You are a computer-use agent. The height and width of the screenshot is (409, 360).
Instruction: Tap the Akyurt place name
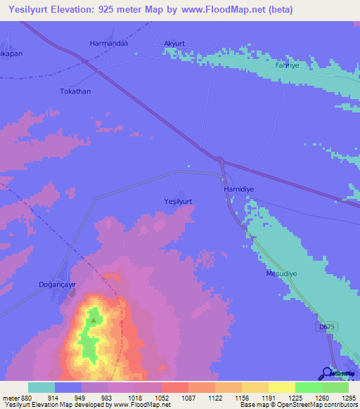pyautogui.click(x=174, y=44)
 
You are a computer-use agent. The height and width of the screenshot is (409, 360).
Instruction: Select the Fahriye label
pyautogui.click(x=288, y=65)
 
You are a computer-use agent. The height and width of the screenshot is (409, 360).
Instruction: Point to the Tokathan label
pyautogui.click(x=75, y=91)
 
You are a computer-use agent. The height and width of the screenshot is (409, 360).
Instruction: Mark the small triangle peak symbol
pyautogui.click(x=93, y=320)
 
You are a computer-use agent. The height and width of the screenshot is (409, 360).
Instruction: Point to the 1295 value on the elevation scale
pyautogui.click(x=338, y=398)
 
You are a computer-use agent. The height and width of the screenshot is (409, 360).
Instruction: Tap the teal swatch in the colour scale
pyautogui.click(x=41, y=387)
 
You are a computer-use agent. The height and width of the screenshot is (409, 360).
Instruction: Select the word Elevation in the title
pyautogui.click(x=76, y=10)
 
